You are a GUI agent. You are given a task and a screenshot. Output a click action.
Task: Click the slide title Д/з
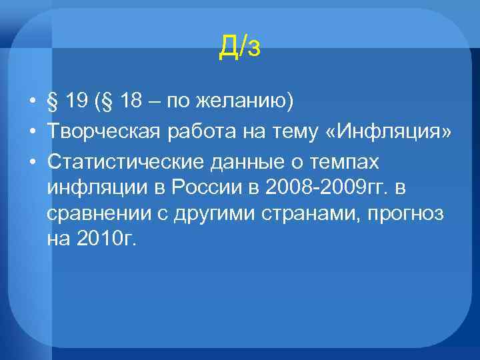(240, 47)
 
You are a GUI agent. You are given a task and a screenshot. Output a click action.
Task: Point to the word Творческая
(102, 133)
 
